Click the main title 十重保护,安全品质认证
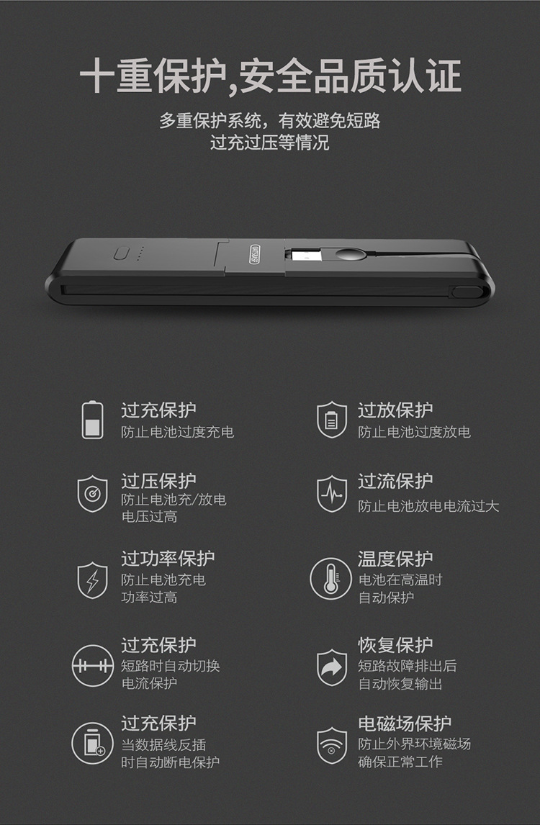(270, 77)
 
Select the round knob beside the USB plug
(347, 255)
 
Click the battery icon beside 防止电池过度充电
(93, 420)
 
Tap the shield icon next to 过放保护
(332, 420)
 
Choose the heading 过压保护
(158, 480)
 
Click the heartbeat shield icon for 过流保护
(332, 494)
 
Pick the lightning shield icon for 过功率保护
(93, 580)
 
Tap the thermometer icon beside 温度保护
(330, 579)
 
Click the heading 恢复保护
(395, 644)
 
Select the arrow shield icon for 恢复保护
(332, 667)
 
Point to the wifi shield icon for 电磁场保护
(332, 746)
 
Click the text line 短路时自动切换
(171, 666)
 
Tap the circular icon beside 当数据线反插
(93, 743)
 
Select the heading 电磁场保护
(405, 723)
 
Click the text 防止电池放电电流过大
(428, 506)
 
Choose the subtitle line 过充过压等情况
(270, 143)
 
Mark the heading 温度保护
(395, 559)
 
